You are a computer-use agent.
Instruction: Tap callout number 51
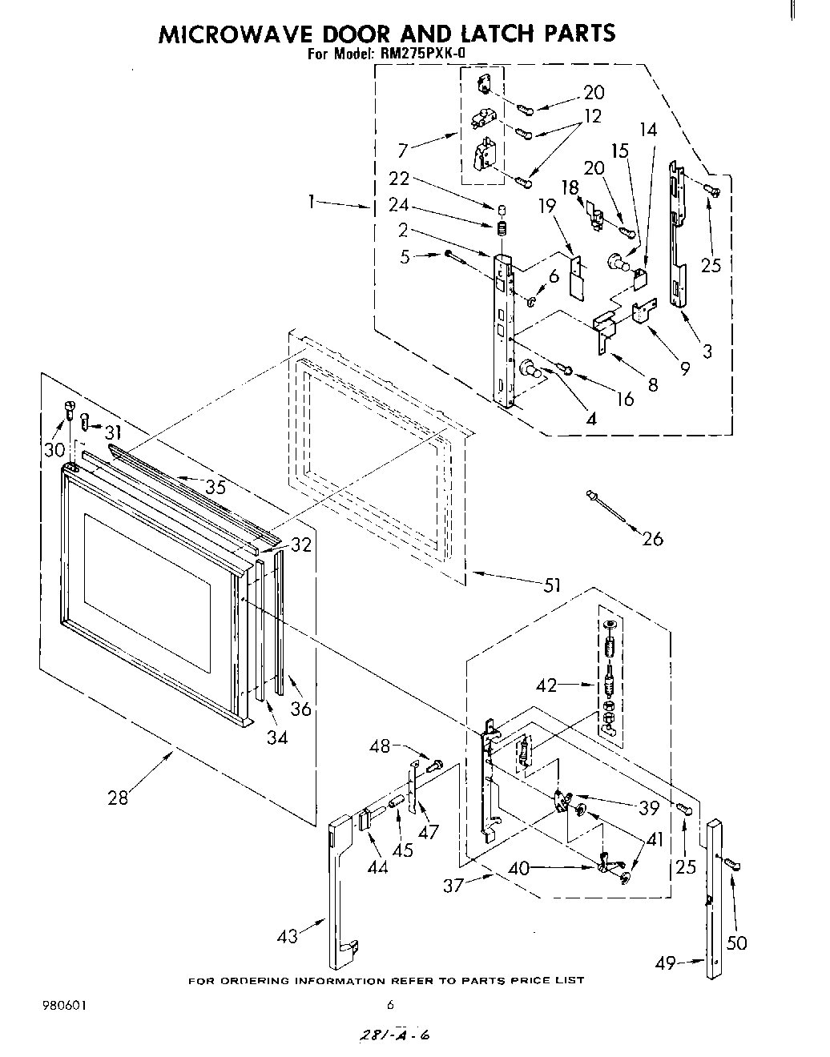pyautogui.click(x=551, y=585)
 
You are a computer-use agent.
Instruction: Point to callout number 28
pyautogui.click(x=118, y=798)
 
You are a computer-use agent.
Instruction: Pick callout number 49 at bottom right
pyautogui.click(x=666, y=963)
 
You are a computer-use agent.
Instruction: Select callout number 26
pyautogui.click(x=653, y=539)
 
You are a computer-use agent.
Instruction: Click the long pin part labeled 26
pyautogui.click(x=606, y=506)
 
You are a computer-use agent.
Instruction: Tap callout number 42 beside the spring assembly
pyautogui.click(x=547, y=685)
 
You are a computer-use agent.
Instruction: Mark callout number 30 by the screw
pyautogui.click(x=54, y=449)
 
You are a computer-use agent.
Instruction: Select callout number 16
pyautogui.click(x=624, y=400)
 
